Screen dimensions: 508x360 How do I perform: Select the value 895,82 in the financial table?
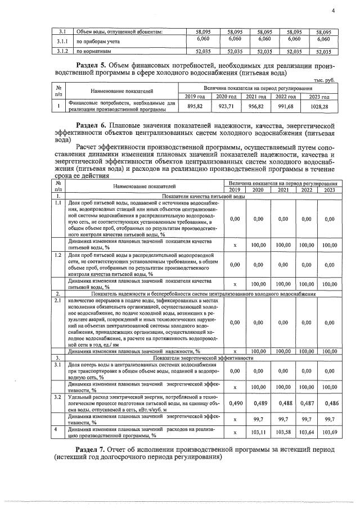click(x=195, y=107)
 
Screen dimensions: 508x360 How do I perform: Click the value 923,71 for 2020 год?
click(x=226, y=107)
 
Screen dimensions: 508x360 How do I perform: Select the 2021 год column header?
click(x=257, y=97)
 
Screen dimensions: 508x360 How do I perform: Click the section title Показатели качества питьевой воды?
click(x=203, y=197)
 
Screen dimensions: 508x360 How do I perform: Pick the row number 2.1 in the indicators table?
click(x=57, y=301)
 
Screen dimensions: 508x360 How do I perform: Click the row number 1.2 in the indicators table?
click(x=57, y=255)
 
